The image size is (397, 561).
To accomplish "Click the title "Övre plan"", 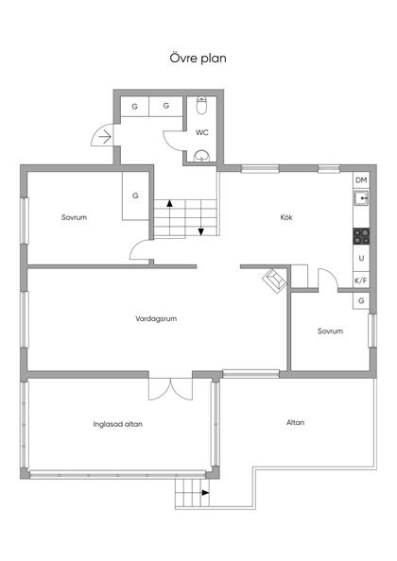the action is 198,58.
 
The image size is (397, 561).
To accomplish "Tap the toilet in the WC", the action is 202,106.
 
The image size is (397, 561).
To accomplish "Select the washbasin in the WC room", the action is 202,157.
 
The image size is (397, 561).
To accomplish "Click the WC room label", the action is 202,133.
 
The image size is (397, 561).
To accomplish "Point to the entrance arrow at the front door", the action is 105,137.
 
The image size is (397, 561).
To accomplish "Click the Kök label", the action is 286,217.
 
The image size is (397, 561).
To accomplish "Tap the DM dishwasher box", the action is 361,180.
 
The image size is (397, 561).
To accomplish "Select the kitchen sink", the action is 362,197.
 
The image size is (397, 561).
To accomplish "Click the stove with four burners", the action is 361,236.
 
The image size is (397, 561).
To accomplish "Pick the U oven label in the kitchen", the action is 362,258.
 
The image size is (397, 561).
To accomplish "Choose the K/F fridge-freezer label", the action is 361,280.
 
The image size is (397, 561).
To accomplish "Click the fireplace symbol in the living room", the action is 275,280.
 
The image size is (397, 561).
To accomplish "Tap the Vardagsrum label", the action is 156,318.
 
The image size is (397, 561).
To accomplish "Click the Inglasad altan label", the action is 118,424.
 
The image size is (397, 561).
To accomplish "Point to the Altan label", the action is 295,422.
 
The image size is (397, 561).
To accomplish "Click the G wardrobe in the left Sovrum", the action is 135,195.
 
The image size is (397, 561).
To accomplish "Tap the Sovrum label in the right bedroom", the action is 330,331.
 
